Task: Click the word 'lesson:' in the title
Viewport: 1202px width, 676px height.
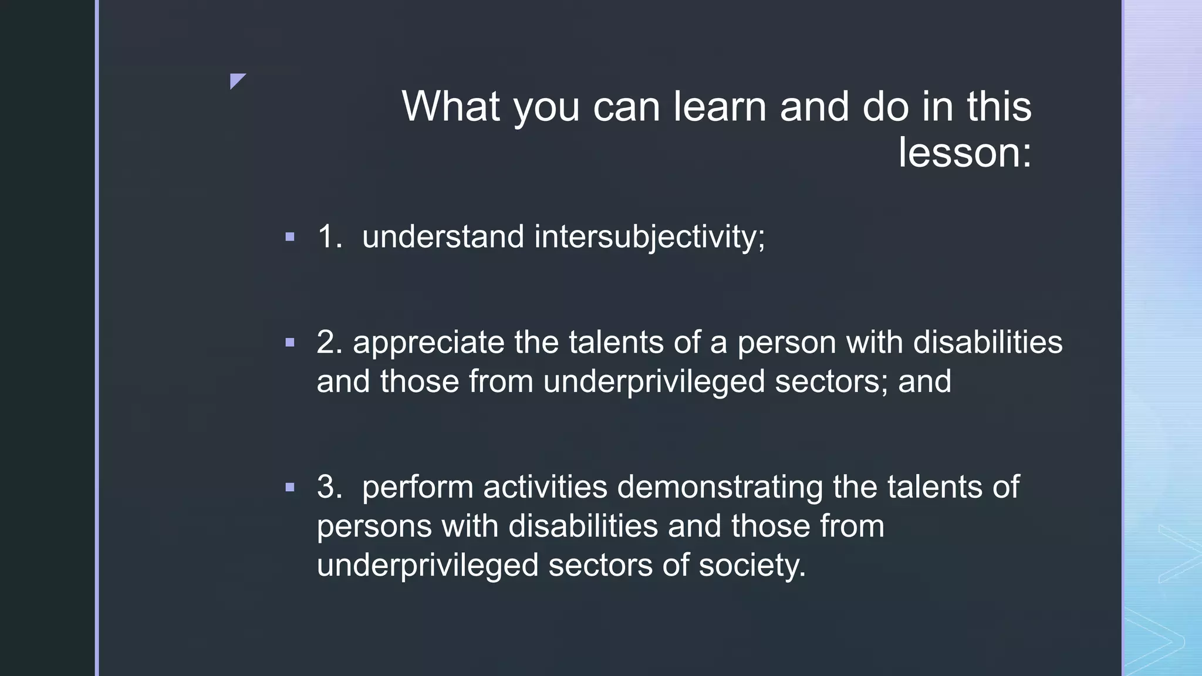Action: coord(964,153)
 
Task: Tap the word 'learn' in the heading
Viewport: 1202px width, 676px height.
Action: coord(720,107)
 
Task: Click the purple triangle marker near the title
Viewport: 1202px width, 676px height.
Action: coord(237,80)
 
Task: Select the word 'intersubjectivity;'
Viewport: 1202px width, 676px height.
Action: coord(649,236)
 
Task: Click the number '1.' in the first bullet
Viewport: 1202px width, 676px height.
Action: coord(329,236)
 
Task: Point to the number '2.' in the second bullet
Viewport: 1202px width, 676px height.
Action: coord(329,342)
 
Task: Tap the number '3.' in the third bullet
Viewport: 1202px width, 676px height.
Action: coord(329,487)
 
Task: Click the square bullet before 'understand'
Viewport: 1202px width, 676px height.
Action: coord(289,237)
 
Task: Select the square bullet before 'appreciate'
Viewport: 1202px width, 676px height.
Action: coord(289,342)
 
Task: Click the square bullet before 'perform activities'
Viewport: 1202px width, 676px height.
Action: coord(289,487)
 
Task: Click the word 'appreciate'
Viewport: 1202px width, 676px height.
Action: coord(428,343)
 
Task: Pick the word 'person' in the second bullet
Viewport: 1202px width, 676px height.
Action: coord(786,343)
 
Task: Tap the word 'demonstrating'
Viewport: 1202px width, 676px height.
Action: coord(720,487)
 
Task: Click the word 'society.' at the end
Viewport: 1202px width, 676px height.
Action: coord(752,565)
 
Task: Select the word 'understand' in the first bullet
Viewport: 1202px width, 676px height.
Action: coord(443,236)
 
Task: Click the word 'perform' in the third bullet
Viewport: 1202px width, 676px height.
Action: coord(417,488)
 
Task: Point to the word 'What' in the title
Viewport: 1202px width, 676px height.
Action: coord(451,107)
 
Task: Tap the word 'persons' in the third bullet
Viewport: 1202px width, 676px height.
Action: coord(374,526)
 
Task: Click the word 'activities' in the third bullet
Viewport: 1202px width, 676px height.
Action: coord(545,487)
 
